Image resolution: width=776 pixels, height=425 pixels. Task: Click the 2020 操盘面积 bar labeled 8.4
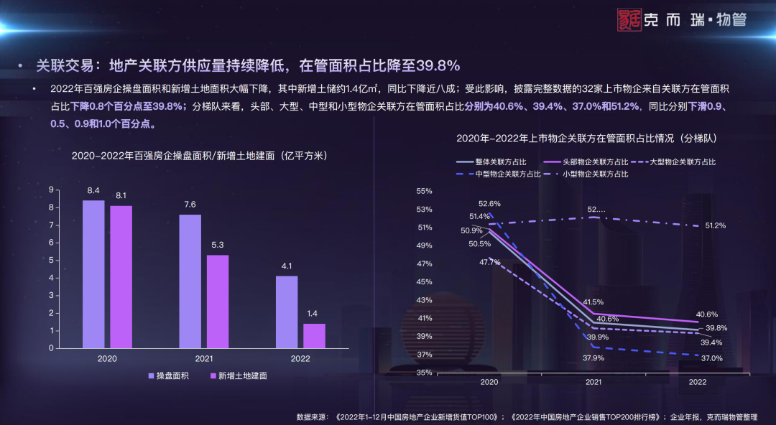(x=93, y=274)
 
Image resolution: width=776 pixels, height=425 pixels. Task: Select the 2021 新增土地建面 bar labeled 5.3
(x=218, y=301)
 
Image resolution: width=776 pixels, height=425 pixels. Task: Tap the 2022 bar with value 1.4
(x=314, y=335)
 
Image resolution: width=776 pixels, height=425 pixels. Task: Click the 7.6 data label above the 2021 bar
(x=190, y=205)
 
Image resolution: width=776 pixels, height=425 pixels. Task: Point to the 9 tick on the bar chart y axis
(x=51, y=190)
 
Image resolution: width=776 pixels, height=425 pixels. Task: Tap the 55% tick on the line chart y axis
(x=424, y=191)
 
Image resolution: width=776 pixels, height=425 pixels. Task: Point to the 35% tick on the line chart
(x=424, y=373)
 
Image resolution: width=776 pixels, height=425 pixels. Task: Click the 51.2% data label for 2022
(x=715, y=225)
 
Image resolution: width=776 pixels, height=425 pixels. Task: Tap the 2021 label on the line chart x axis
(x=593, y=383)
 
